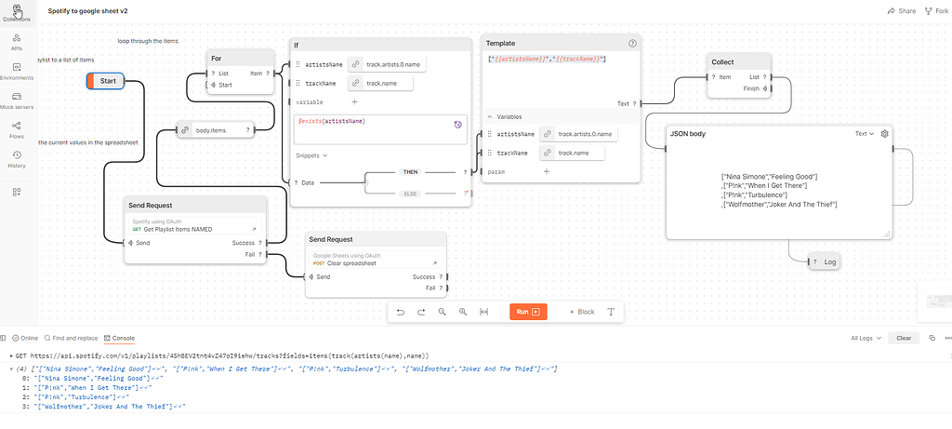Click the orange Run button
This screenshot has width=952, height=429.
point(528,312)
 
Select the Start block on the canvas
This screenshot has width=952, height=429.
point(107,81)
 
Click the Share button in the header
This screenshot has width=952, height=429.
point(901,10)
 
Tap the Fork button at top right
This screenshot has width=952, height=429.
point(935,10)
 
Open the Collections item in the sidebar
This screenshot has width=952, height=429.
point(17,13)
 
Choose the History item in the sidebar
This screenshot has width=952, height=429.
point(17,159)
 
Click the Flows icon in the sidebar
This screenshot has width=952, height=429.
point(17,129)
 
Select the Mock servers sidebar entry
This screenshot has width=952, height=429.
point(17,101)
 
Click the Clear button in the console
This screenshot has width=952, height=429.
point(904,338)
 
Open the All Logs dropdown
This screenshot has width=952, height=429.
point(866,338)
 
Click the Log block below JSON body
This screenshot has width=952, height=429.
point(829,262)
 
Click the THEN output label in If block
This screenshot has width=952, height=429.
point(410,172)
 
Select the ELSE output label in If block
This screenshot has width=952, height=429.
point(410,193)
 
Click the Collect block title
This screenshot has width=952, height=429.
point(722,62)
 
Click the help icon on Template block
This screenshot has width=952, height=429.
point(632,43)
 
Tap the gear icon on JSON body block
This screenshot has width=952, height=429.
point(884,134)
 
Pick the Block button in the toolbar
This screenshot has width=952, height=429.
point(582,312)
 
